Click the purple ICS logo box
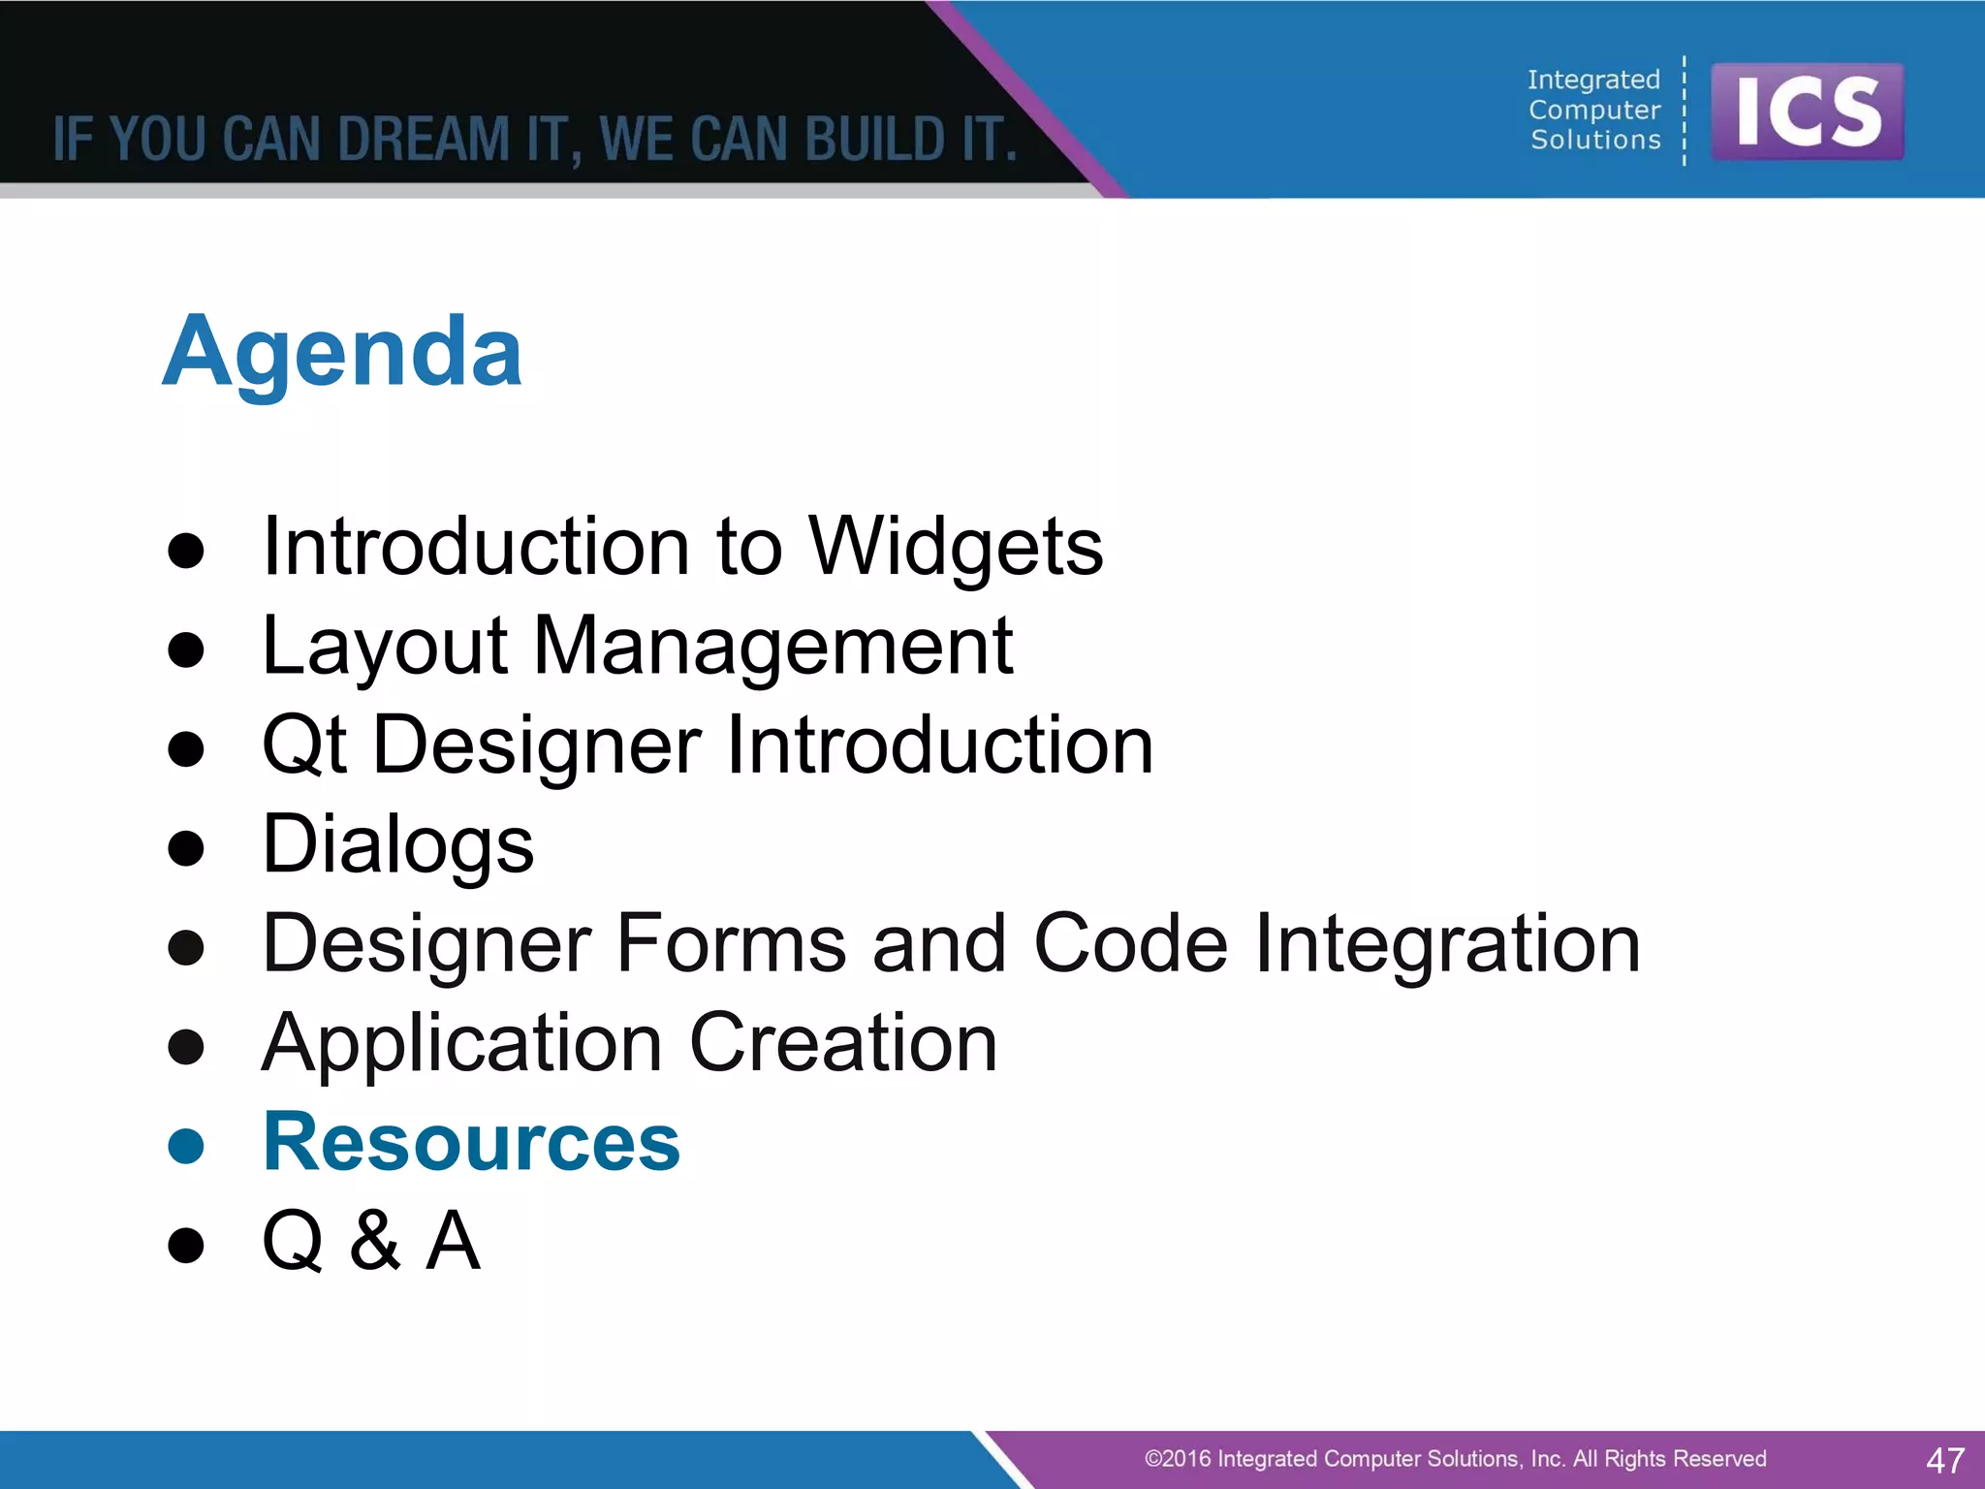click(1807, 111)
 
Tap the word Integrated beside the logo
click(1593, 79)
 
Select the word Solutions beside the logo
click(1595, 141)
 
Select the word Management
click(772, 647)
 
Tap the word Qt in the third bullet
click(303, 746)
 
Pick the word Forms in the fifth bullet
click(731, 944)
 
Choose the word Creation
click(842, 1044)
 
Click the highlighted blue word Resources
click(472, 1143)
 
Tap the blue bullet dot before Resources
click(185, 1146)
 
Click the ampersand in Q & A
click(374, 1242)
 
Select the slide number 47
click(1944, 1460)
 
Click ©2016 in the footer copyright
click(1177, 1459)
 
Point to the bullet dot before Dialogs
click(185, 848)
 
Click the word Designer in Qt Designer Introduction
click(537, 746)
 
